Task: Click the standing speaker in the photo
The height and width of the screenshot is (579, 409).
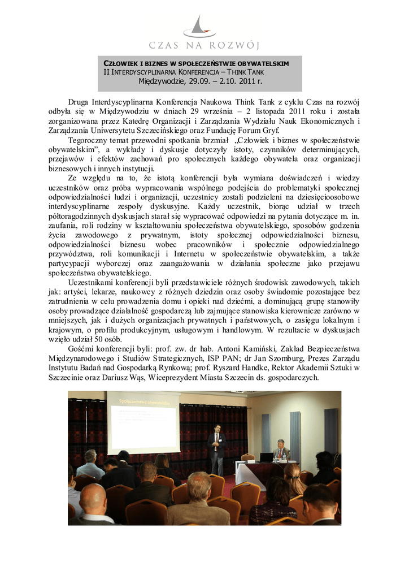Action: tap(216, 447)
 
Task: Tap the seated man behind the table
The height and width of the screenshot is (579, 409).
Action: tap(280, 451)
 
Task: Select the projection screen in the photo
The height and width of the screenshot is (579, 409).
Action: tap(143, 421)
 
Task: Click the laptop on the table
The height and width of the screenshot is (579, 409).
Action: tap(266, 457)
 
